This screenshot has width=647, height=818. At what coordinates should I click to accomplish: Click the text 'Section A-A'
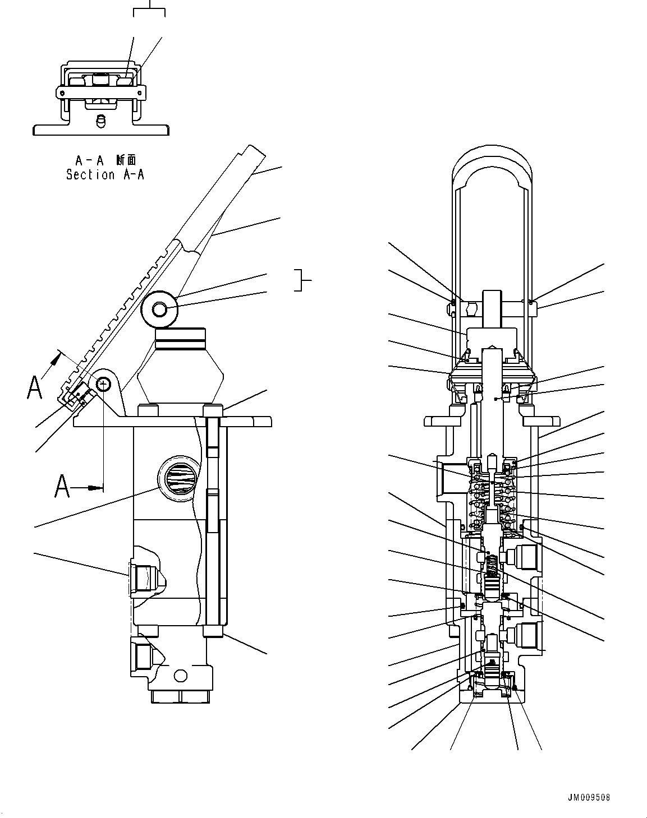105,175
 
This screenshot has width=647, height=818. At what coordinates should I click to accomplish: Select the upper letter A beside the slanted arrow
35,387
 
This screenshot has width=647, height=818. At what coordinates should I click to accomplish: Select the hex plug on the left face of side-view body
143,579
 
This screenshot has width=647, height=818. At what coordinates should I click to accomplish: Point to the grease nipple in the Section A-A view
101,121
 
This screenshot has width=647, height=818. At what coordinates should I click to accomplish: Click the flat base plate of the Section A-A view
101,130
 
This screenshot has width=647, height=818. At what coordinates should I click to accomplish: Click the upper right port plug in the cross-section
522,557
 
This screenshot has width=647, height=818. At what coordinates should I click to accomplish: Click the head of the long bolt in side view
213,410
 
